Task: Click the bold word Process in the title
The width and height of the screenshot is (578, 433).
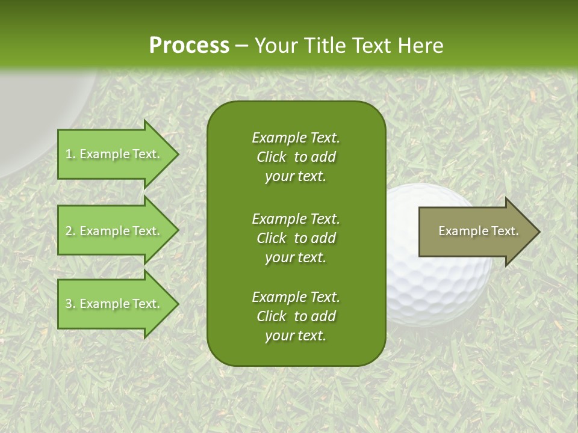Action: tap(189, 46)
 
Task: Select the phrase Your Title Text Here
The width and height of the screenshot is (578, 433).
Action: tap(349, 46)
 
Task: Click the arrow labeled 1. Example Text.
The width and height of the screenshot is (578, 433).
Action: tap(114, 154)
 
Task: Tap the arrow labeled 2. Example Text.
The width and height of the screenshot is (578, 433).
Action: tap(114, 231)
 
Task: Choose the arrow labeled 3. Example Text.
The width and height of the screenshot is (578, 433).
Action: tap(114, 304)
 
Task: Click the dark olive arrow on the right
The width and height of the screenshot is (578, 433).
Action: tap(476, 232)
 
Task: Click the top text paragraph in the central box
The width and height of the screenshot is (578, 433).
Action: tap(296, 157)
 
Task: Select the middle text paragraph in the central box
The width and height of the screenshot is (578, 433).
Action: tap(296, 238)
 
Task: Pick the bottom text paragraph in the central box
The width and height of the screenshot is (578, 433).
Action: tap(296, 316)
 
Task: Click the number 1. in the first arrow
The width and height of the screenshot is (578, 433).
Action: tap(70, 154)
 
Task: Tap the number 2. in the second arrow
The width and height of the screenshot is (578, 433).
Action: tap(70, 231)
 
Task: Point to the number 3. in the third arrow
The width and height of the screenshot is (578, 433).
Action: tap(70, 304)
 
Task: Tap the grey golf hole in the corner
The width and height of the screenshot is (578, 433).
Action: tap(36, 120)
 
